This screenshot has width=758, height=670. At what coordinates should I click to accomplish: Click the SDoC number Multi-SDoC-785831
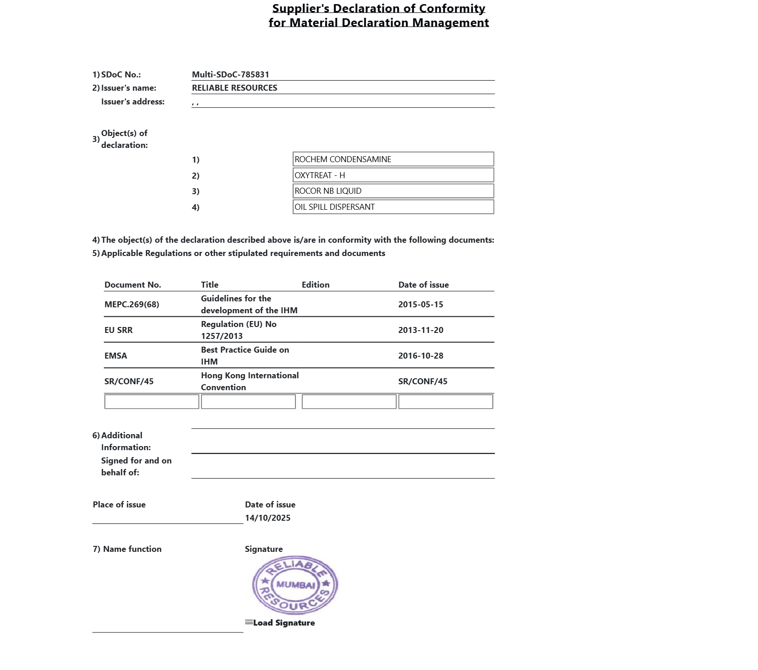[230, 75]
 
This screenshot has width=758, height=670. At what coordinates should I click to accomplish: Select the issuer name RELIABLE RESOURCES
[234, 88]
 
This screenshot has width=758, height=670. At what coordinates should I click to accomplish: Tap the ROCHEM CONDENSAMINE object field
[393, 159]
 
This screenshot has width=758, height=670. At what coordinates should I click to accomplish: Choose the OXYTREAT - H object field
[393, 175]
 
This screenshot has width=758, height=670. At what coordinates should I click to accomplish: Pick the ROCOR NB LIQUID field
[393, 191]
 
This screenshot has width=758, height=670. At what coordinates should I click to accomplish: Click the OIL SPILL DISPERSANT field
[393, 207]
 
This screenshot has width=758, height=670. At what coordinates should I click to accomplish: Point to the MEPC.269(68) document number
[132, 305]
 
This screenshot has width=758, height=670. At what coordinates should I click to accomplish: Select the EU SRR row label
[119, 330]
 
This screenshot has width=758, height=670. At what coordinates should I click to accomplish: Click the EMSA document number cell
[116, 356]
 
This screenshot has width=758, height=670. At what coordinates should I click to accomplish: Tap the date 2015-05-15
[420, 305]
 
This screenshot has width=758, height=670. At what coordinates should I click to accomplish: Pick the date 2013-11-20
[420, 330]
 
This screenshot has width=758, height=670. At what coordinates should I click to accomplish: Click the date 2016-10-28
[420, 356]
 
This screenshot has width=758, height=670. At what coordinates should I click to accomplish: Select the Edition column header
[316, 285]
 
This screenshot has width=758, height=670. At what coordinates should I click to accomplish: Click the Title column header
[210, 285]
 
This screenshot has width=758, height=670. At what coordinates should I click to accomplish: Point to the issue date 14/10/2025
[267, 518]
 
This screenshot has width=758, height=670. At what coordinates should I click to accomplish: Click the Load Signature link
[284, 623]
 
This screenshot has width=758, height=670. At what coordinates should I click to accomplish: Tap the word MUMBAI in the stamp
[295, 585]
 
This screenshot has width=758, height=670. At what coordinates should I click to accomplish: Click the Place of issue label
[119, 505]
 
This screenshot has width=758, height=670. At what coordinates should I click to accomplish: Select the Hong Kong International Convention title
[250, 381]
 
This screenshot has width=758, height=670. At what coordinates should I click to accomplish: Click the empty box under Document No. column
[152, 402]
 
